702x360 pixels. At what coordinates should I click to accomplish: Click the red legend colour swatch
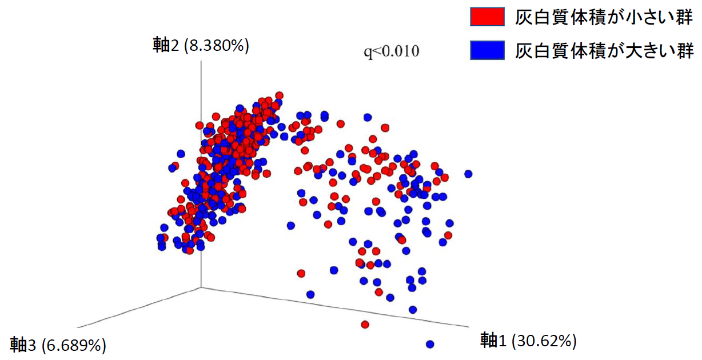(487, 17)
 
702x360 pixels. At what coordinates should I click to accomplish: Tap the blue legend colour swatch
(487, 51)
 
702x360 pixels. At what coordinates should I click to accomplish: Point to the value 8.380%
(216, 46)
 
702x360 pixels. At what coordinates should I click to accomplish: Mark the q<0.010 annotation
(392, 52)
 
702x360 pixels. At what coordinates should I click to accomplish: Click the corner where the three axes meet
(201, 287)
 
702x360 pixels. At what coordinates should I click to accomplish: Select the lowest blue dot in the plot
(430, 344)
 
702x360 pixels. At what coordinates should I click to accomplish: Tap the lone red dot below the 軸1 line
(365, 325)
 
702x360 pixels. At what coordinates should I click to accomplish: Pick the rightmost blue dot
(469, 174)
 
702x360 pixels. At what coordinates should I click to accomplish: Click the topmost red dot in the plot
(279, 95)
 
